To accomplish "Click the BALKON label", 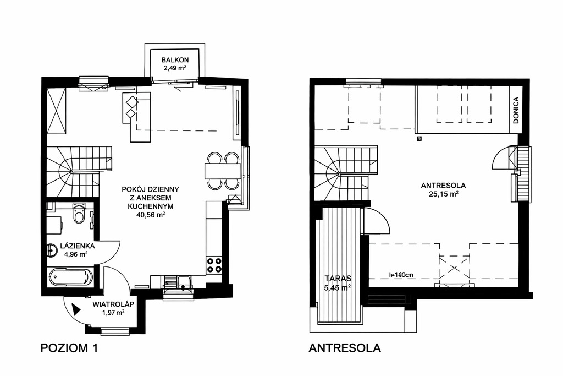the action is pyautogui.click(x=175, y=60).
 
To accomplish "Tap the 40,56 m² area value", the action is pyautogui.click(x=151, y=215).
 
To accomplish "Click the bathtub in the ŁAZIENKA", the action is pyautogui.click(x=70, y=277).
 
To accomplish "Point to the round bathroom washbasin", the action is pyautogui.click(x=52, y=250).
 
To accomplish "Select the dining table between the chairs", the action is pyautogui.click(x=222, y=171).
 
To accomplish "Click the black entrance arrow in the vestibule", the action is pyautogui.click(x=76, y=309).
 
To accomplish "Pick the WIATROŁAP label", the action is pyautogui.click(x=113, y=304).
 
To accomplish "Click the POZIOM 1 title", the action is pyautogui.click(x=69, y=348).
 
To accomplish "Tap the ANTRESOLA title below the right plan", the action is pyautogui.click(x=345, y=348).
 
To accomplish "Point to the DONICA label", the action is pyautogui.click(x=516, y=110).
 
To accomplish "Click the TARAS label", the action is pyautogui.click(x=338, y=278).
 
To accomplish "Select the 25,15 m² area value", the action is pyautogui.click(x=444, y=194).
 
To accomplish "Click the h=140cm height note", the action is pyautogui.click(x=401, y=275).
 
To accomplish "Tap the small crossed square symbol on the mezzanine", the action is pyautogui.click(x=419, y=138).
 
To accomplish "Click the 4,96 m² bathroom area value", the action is pyautogui.click(x=76, y=254).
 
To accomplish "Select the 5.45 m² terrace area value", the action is pyautogui.click(x=338, y=287).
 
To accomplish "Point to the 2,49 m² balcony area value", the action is pyautogui.click(x=175, y=68).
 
